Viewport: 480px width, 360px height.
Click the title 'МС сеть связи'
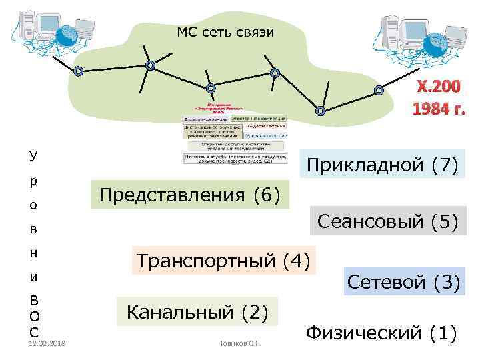pyautogui.click(x=225, y=31)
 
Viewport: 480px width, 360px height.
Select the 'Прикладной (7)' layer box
pyautogui.click(x=381, y=165)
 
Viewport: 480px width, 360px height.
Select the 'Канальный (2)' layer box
pyautogui.click(x=197, y=311)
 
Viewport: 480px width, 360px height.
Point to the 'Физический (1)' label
pyautogui.click(x=381, y=331)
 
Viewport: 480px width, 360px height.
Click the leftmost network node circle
pyautogui.click(x=79, y=71)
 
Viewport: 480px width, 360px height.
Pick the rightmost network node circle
pyautogui.click(x=379, y=90)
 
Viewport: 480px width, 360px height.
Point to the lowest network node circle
pyautogui.click(x=320, y=111)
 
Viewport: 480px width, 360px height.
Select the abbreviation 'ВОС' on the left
pyautogui.click(x=33, y=315)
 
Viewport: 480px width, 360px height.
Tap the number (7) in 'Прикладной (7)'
pyautogui.click(x=445, y=165)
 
